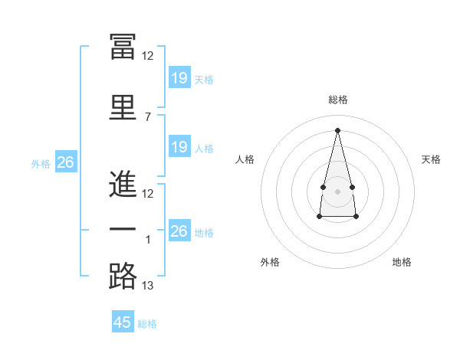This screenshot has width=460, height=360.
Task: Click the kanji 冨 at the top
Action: (123, 47)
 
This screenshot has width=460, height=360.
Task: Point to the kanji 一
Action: (123, 230)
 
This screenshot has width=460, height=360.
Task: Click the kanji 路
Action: (123, 276)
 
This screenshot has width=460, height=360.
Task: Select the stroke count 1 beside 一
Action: (148, 240)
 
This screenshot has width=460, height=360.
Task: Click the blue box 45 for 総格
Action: (123, 322)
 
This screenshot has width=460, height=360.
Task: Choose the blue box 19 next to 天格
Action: (179, 78)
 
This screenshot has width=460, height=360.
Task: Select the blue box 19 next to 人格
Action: (179, 147)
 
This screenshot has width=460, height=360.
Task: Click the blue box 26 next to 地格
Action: (179, 231)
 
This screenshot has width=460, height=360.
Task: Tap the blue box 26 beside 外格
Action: (65, 162)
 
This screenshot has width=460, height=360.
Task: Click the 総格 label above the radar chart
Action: (337, 100)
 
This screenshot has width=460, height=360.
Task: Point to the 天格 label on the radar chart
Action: (431, 159)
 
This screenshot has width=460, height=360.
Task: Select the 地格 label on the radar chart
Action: (402, 262)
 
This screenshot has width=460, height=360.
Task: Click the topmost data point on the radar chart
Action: (337, 130)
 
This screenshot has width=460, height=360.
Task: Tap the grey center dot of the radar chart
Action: (337, 191)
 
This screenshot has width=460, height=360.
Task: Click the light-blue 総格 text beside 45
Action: (147, 324)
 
